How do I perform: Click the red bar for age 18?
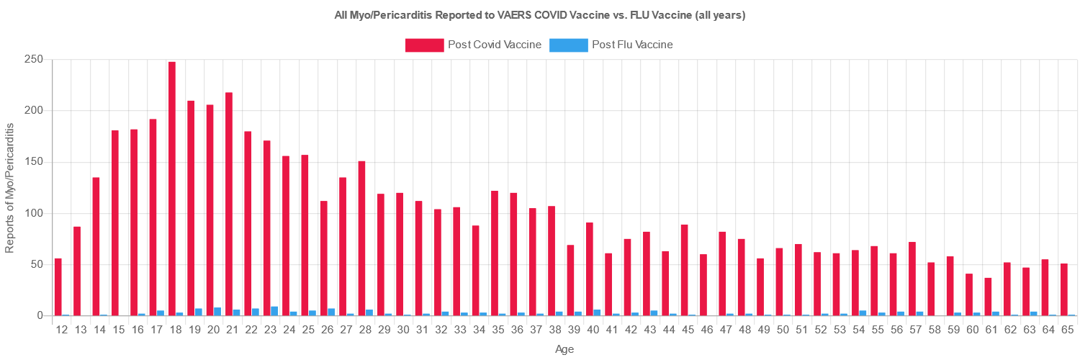(x=172, y=189)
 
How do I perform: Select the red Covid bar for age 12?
(x=58, y=287)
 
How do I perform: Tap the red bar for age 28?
(x=361, y=238)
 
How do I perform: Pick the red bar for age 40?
(x=590, y=269)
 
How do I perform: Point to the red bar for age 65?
(x=1064, y=289)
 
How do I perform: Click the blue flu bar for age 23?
(x=274, y=311)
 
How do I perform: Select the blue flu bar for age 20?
(x=217, y=312)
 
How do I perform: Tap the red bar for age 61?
(x=988, y=297)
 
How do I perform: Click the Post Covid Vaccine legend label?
(x=495, y=45)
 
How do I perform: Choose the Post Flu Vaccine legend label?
(x=632, y=45)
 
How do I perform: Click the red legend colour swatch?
(x=424, y=45)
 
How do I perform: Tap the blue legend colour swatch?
(x=568, y=45)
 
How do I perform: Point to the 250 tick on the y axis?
(x=34, y=59)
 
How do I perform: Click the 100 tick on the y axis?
(x=34, y=213)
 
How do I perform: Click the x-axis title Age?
(x=564, y=349)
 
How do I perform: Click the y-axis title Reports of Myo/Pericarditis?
(x=10, y=187)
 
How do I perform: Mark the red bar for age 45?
(x=685, y=269)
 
